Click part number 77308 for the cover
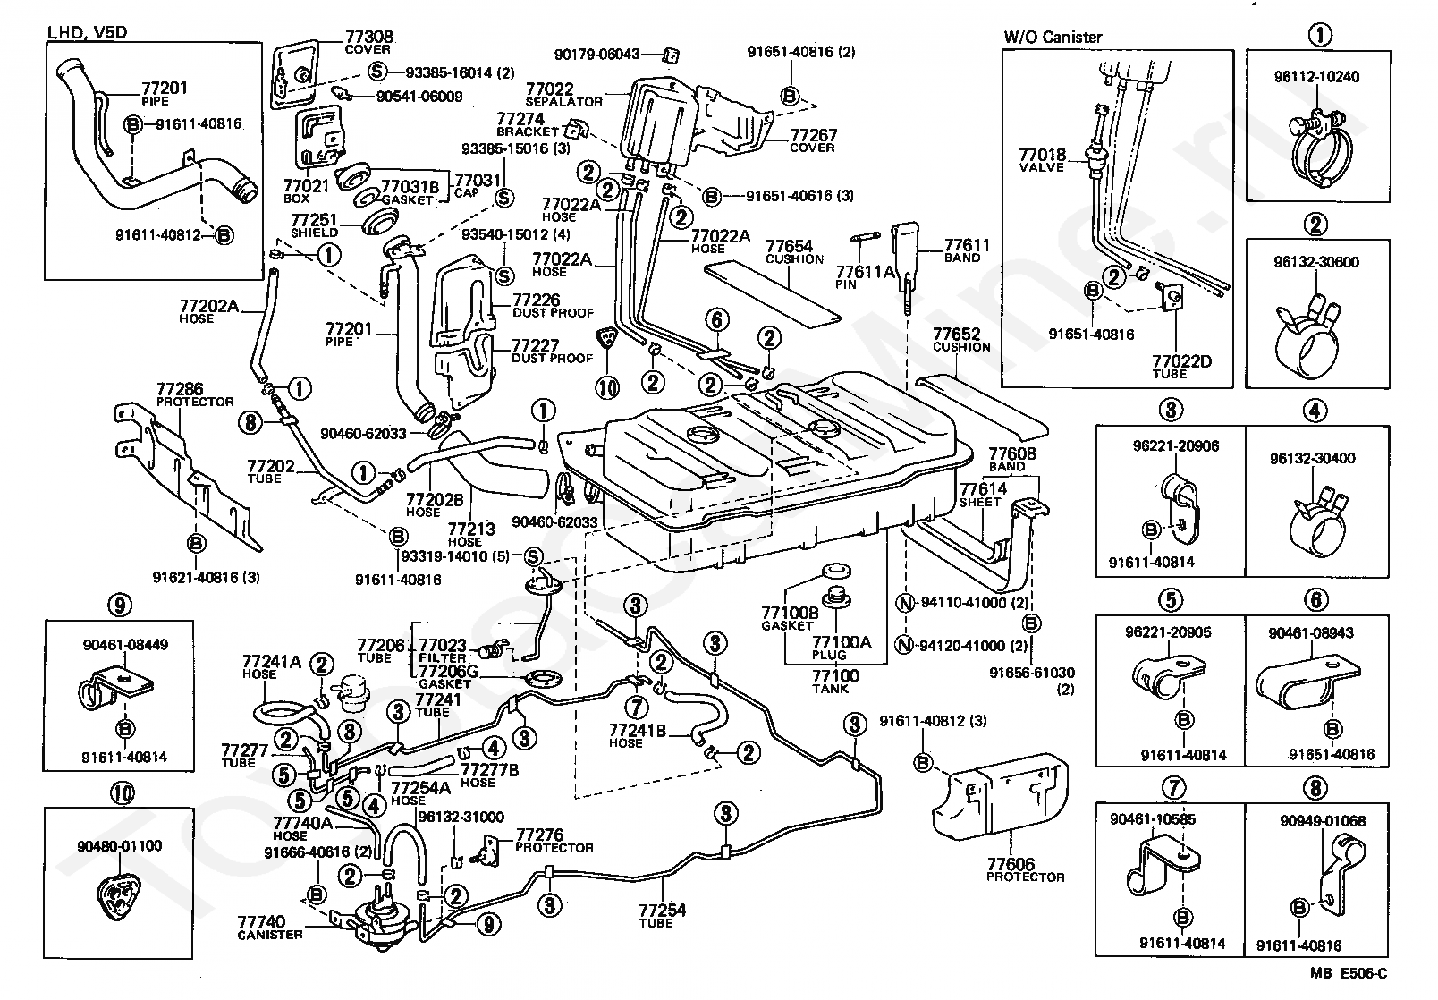click(368, 37)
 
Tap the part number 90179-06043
click(596, 55)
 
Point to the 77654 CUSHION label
click(794, 251)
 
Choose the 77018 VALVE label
click(1042, 160)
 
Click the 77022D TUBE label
click(1181, 367)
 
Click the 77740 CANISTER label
click(269, 928)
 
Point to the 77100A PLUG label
click(841, 648)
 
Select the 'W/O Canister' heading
click(1053, 37)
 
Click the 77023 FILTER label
click(443, 650)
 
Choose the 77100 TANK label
click(835, 682)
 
